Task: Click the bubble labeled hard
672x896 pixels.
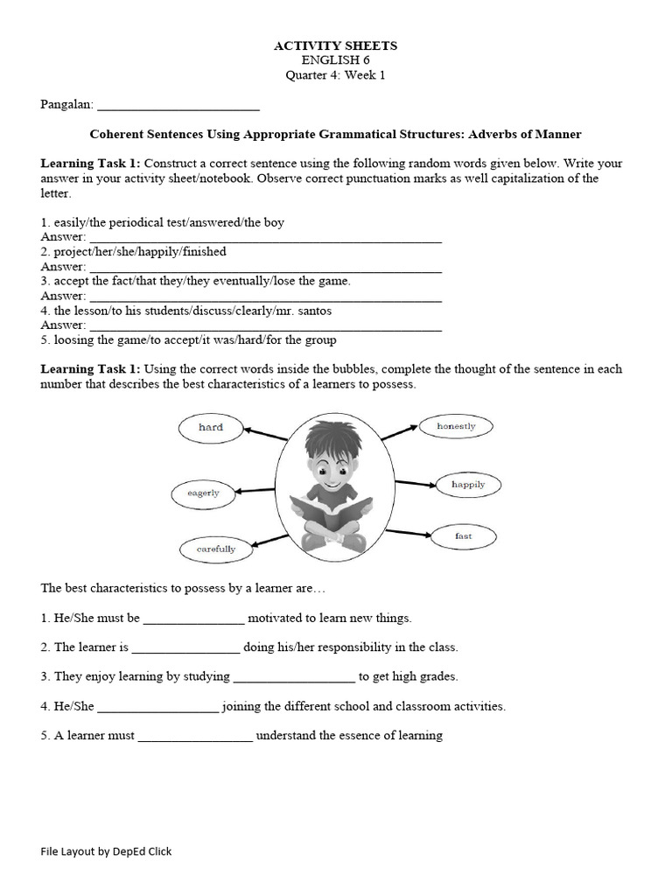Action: tap(210, 428)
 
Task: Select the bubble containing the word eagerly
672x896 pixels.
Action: tap(203, 493)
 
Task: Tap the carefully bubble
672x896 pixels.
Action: tap(215, 549)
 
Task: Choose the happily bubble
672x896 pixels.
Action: tap(467, 484)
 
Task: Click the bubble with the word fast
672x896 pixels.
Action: tap(463, 535)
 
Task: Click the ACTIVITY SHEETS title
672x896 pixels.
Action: tap(335, 45)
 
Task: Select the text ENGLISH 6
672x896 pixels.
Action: tap(335, 60)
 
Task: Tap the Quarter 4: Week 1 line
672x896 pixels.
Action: tap(335, 75)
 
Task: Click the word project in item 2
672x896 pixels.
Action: tap(73, 252)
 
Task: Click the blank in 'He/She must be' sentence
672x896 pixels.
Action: tap(193, 619)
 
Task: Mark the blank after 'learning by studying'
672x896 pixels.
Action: tap(294, 678)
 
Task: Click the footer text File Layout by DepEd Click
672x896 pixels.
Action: tap(106, 851)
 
